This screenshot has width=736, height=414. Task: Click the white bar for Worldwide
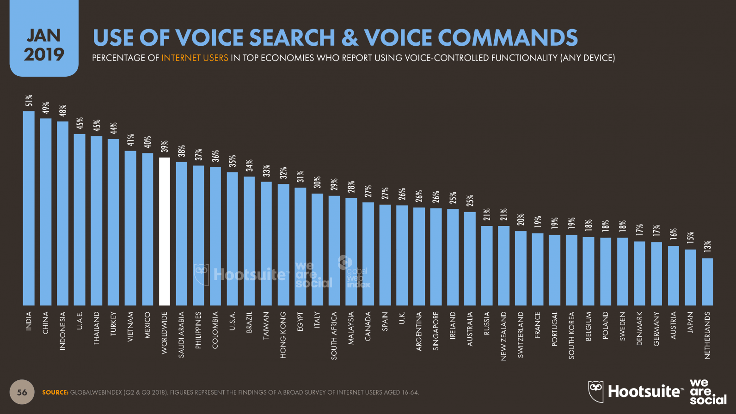(165, 231)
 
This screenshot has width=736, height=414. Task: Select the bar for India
(29, 208)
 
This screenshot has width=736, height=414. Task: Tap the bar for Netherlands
(707, 282)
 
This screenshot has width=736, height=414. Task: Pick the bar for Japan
(690, 277)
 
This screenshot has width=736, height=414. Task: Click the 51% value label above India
(29, 101)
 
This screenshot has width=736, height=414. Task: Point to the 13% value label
(707, 247)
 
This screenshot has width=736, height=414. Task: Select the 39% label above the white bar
(165, 146)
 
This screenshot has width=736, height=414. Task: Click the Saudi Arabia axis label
(181, 335)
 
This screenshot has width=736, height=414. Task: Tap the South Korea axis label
(571, 335)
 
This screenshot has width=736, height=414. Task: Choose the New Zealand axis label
(503, 336)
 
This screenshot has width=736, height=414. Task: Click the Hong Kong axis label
(283, 335)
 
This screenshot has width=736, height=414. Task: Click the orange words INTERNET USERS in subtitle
(195, 58)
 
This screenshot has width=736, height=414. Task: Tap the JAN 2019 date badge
(44, 45)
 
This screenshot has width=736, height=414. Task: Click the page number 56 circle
(22, 392)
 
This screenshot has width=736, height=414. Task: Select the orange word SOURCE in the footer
(55, 392)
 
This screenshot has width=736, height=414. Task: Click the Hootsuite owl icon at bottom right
(596, 391)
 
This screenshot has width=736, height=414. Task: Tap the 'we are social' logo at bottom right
(707, 392)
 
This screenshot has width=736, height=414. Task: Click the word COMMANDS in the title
(508, 38)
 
